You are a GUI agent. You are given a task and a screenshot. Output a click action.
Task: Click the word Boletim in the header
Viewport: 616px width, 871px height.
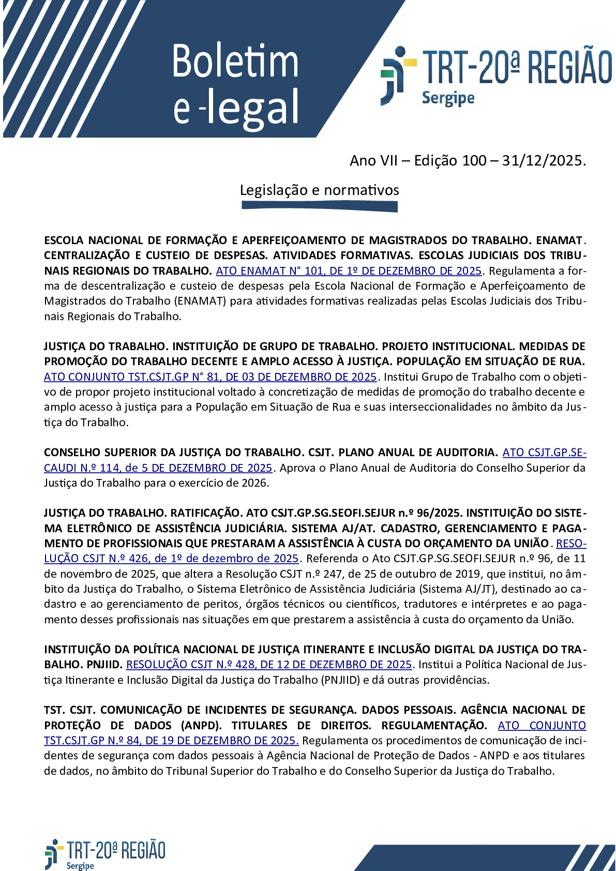click(x=235, y=62)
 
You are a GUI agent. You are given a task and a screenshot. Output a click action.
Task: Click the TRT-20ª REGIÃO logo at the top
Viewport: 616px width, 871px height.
click(x=495, y=75)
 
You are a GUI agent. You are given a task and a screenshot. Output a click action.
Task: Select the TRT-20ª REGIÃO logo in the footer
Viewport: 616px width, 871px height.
click(x=105, y=854)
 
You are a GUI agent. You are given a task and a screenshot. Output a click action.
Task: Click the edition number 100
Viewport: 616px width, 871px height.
click(x=474, y=161)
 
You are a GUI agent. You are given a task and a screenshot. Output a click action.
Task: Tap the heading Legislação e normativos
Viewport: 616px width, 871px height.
click(x=319, y=190)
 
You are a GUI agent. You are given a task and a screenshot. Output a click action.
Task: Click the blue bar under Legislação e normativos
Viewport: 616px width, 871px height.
click(x=319, y=206)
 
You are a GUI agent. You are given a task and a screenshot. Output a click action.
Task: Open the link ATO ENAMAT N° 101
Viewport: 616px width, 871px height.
click(x=349, y=271)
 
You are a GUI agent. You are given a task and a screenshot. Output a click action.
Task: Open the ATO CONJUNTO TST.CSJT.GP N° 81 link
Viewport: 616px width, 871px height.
click(x=210, y=377)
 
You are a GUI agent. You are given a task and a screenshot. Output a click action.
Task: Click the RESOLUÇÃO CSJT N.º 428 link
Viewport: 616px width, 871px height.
click(x=268, y=664)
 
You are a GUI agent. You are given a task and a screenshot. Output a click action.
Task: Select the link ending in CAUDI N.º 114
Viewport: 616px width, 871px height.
click(x=158, y=468)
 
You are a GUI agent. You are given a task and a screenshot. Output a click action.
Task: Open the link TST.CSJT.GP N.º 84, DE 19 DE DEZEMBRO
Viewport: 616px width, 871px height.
click(x=171, y=740)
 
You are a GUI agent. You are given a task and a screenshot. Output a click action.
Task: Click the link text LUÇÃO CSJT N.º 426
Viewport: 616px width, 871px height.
click(x=171, y=558)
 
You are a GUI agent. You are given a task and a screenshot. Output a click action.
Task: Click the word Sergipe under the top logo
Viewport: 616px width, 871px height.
click(x=448, y=98)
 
